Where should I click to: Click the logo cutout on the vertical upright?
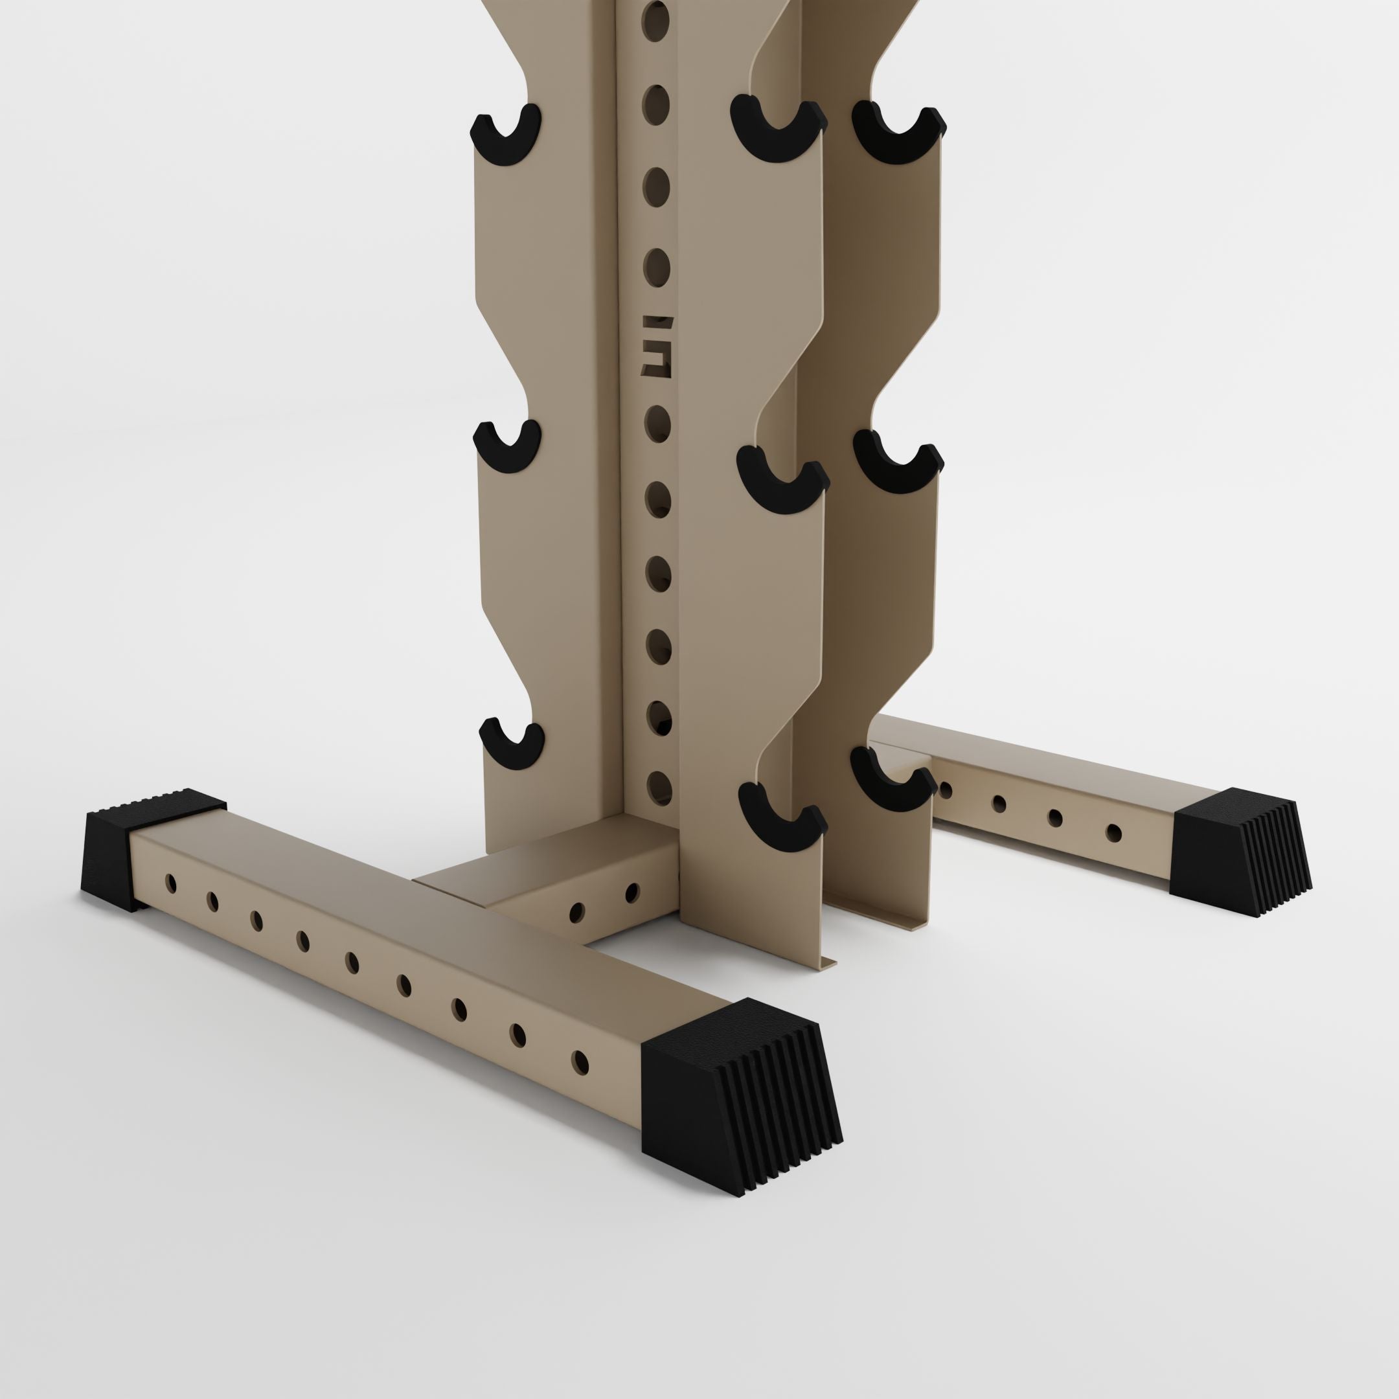[657, 346]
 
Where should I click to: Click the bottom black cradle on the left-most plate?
[511, 747]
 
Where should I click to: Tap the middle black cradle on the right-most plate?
[898, 464]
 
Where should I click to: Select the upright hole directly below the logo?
[657, 424]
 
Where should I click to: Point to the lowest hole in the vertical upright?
[659, 786]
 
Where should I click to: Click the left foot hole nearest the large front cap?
[579, 1062]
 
